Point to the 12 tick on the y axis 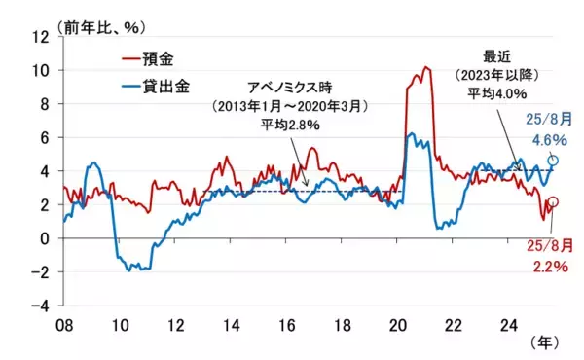tap(41, 37)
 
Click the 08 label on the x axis tap(63, 323)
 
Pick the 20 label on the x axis tap(398, 323)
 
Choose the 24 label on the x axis tap(509, 323)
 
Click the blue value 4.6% tap(551, 139)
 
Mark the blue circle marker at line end tap(554, 161)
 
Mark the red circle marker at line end tap(554, 202)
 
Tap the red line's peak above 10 tap(426, 68)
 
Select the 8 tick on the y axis tap(44, 104)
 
